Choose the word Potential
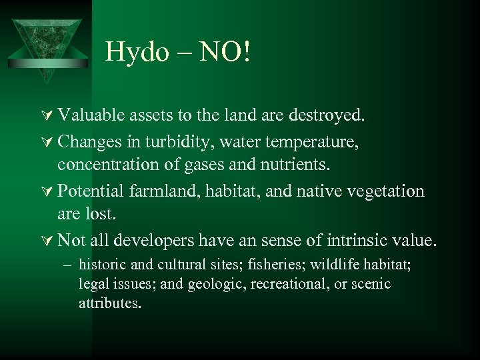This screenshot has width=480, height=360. pyautogui.click(x=90, y=191)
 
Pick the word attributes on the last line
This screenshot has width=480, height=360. pyautogui.click(x=109, y=303)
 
